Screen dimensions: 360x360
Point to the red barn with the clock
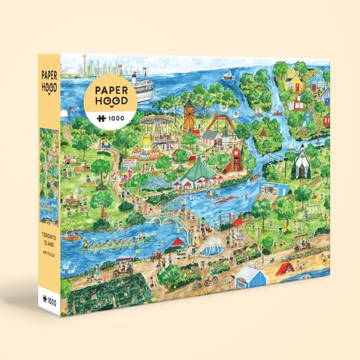235,158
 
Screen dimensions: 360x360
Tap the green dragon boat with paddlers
115,243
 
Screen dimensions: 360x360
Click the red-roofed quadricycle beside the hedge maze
124,265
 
